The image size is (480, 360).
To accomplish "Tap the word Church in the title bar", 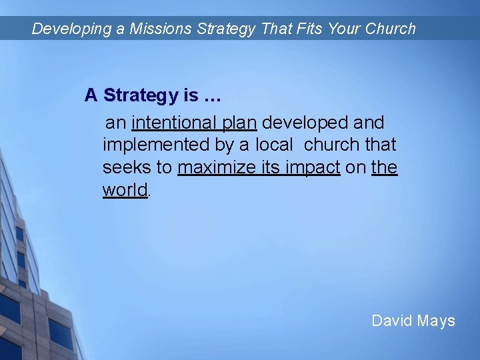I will point(390,29).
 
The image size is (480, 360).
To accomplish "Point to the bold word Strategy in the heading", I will point(141,95).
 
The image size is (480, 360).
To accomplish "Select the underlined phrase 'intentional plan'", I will point(195,123).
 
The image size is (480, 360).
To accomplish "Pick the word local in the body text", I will point(273,145).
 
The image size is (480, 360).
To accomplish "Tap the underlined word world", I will point(125,189).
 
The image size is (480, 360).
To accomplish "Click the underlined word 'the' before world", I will point(385,167).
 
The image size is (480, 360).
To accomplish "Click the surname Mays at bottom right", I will point(436,321).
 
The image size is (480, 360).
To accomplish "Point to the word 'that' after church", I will point(381,145).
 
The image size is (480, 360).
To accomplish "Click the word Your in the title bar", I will point(344,29).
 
